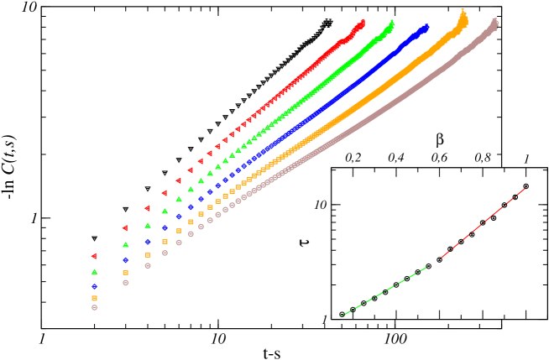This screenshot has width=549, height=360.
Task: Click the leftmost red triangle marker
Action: (x=94, y=256)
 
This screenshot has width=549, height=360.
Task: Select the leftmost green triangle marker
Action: (x=95, y=272)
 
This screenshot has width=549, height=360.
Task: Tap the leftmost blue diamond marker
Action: (x=94, y=286)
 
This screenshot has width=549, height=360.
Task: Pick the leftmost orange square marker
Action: (x=94, y=298)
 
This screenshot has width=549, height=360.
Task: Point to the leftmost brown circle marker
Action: (x=95, y=308)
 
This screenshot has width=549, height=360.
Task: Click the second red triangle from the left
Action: (x=125, y=228)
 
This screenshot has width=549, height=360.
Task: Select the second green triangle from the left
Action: (x=126, y=245)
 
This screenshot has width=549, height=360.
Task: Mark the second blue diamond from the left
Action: (x=126, y=260)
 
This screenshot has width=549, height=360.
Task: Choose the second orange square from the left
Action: (x=126, y=273)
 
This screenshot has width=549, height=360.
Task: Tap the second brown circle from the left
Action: (x=126, y=283)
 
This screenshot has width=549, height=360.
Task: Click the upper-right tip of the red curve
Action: (x=363, y=23)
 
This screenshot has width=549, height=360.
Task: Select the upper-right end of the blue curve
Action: (x=426, y=27)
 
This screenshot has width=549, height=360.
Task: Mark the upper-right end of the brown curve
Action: (x=495, y=22)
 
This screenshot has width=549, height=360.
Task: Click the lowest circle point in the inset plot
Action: (x=342, y=315)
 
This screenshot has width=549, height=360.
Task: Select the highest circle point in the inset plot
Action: (x=526, y=186)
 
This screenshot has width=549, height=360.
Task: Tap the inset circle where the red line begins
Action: (x=439, y=260)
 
